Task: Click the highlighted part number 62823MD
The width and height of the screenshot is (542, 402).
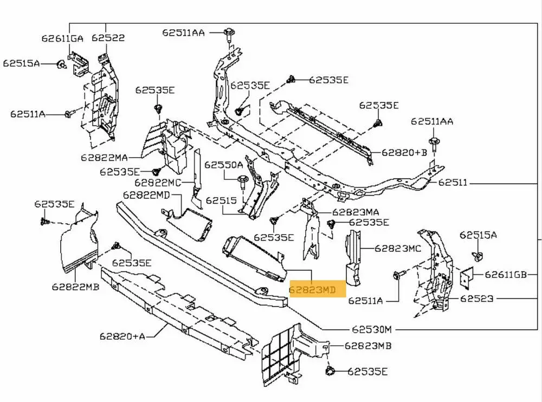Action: coord(312,291)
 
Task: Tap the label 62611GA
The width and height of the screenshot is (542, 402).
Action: coord(62,38)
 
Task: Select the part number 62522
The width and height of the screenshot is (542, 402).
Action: coord(108,38)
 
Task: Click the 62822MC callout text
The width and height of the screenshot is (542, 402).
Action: coord(158,183)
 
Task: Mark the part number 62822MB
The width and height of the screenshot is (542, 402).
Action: coord(76,287)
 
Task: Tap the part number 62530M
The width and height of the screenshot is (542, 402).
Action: coord(371,329)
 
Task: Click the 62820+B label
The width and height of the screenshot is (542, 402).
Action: coord(404,153)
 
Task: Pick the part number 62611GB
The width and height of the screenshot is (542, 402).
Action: coord(506,275)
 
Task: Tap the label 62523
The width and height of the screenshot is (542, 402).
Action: coord(478,298)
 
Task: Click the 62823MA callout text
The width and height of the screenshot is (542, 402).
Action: coord(356,212)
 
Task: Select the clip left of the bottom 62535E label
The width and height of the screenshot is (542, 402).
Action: coord(330,371)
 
